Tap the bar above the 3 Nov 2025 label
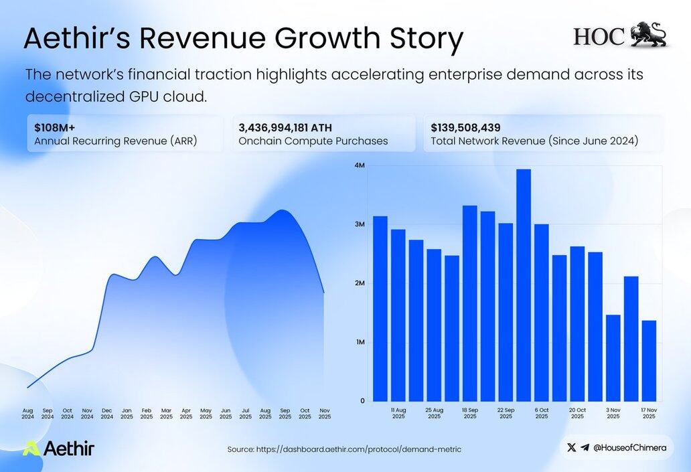pyautogui.click(x=613, y=358)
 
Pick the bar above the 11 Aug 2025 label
pyautogui.click(x=398, y=315)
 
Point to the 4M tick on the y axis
pyautogui.click(x=360, y=165)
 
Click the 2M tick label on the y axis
pyautogui.click(x=360, y=283)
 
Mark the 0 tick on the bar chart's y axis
pyautogui.click(x=362, y=401)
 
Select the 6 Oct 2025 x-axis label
pyautogui.click(x=542, y=413)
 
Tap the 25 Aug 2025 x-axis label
pyautogui.click(x=435, y=413)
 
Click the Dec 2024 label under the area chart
pyautogui.click(x=107, y=413)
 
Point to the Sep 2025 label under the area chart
pyautogui.click(x=285, y=413)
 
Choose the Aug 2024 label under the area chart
pyautogui.click(x=27, y=413)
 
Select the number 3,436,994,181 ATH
pyautogui.click(x=285, y=127)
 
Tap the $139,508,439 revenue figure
pyautogui.click(x=465, y=127)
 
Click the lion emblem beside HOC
pyautogui.click(x=649, y=35)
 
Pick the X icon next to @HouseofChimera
pyautogui.click(x=571, y=448)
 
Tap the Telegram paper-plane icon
pyautogui.click(x=585, y=448)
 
